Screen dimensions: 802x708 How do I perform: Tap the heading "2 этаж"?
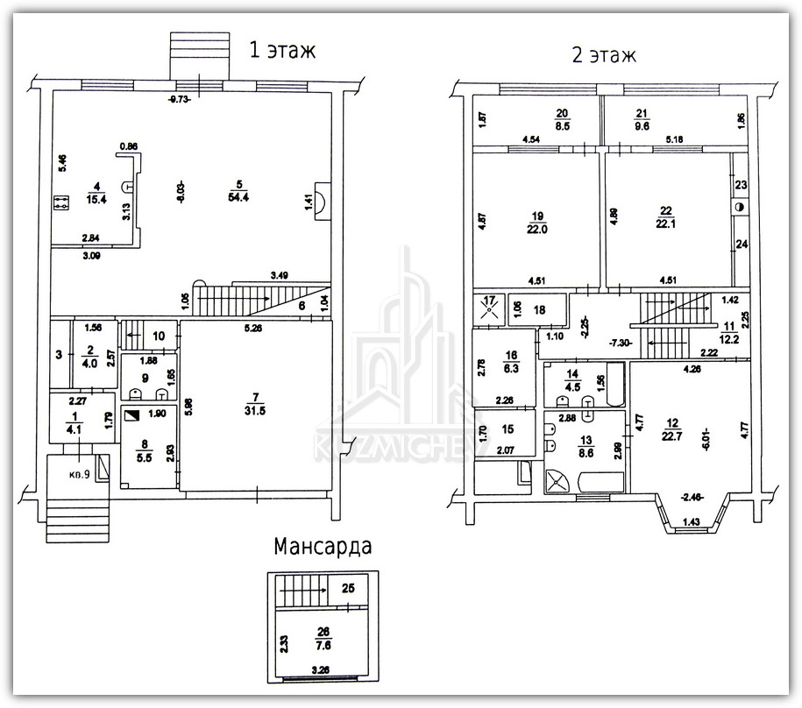pyautogui.click(x=603, y=55)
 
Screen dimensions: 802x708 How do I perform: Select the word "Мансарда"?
pyautogui.click(x=323, y=547)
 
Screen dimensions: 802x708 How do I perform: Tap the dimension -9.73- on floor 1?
pyautogui.click(x=179, y=99)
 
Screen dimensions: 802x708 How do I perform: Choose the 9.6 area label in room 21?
pyautogui.click(x=667, y=125)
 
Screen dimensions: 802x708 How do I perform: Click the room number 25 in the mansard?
pyautogui.click(x=348, y=588)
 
